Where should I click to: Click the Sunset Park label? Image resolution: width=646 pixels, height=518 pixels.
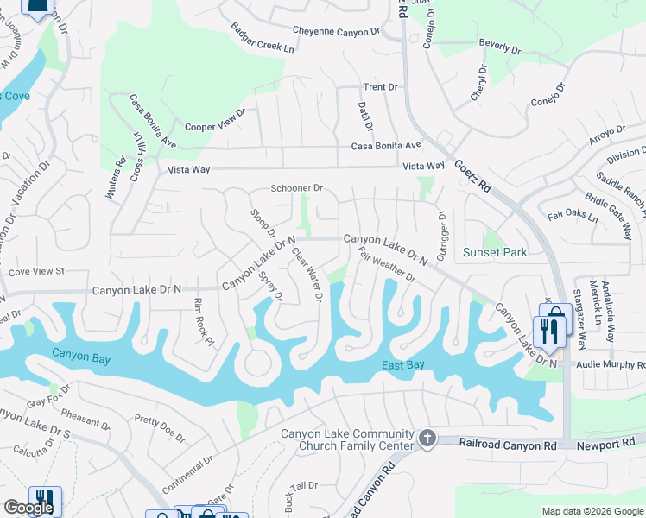495,252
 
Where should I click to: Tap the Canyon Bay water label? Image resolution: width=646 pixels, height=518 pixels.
80,353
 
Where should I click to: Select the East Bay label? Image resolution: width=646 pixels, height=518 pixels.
403,365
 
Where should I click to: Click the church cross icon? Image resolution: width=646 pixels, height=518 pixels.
427,439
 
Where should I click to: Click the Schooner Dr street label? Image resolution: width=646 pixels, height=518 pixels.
296,187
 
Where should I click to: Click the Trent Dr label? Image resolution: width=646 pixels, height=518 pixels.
380,87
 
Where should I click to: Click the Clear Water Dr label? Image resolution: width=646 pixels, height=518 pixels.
307,275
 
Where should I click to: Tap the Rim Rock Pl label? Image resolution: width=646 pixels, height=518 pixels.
203,322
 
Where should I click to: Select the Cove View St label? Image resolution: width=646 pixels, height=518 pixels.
36,271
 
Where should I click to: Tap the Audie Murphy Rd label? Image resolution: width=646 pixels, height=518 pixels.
611,365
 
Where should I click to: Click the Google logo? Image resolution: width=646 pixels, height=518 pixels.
28,508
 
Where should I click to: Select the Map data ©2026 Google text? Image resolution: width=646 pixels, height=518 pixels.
592,511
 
